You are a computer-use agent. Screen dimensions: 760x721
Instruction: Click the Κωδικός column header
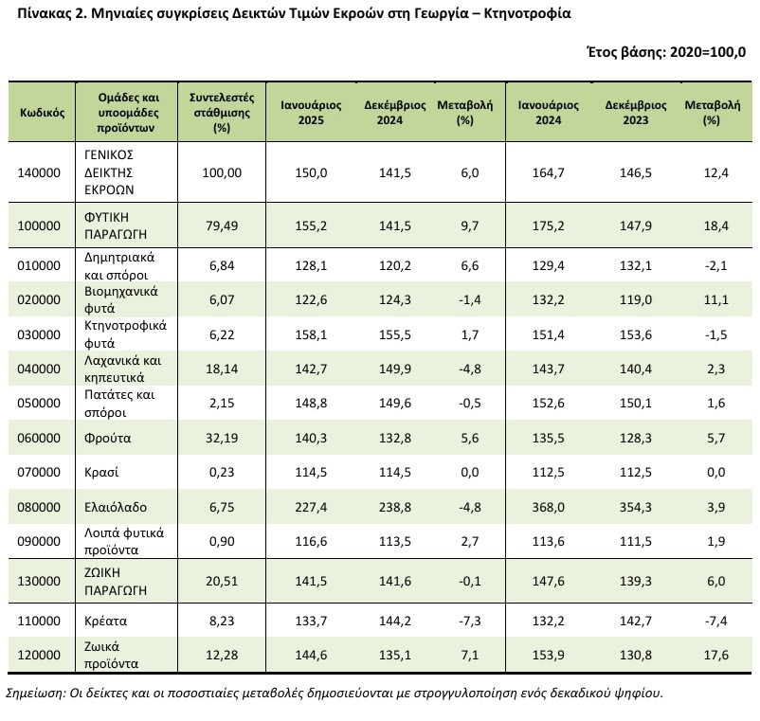click(x=42, y=113)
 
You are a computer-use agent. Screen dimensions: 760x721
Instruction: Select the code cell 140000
click(x=39, y=172)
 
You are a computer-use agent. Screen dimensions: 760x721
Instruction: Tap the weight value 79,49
click(x=222, y=225)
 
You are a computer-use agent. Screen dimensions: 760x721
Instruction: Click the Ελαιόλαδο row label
click(x=116, y=507)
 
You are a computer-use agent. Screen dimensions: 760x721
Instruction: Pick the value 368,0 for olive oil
click(x=548, y=507)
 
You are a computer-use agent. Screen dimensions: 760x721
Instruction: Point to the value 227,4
click(x=311, y=507)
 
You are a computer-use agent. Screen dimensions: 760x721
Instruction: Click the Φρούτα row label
click(x=108, y=438)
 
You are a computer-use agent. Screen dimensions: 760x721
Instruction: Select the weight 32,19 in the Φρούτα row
click(x=222, y=438)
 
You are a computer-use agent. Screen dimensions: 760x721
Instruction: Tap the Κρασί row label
click(x=101, y=473)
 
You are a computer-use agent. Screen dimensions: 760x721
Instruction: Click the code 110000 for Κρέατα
click(x=39, y=621)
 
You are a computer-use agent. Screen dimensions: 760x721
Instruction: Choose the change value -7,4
click(x=715, y=621)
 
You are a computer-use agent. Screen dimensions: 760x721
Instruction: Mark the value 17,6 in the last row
click(x=715, y=655)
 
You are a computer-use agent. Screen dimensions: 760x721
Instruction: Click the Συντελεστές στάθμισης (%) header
click(x=222, y=113)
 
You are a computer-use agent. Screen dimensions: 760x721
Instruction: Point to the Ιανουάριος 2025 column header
click(x=311, y=113)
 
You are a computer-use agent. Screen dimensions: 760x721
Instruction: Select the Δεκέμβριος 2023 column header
click(x=636, y=113)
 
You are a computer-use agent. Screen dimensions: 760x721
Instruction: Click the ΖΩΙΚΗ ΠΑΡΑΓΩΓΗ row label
click(x=116, y=581)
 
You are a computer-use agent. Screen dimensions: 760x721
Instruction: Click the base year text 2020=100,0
click(x=708, y=52)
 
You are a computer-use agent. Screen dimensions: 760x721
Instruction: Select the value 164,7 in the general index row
click(x=548, y=172)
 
